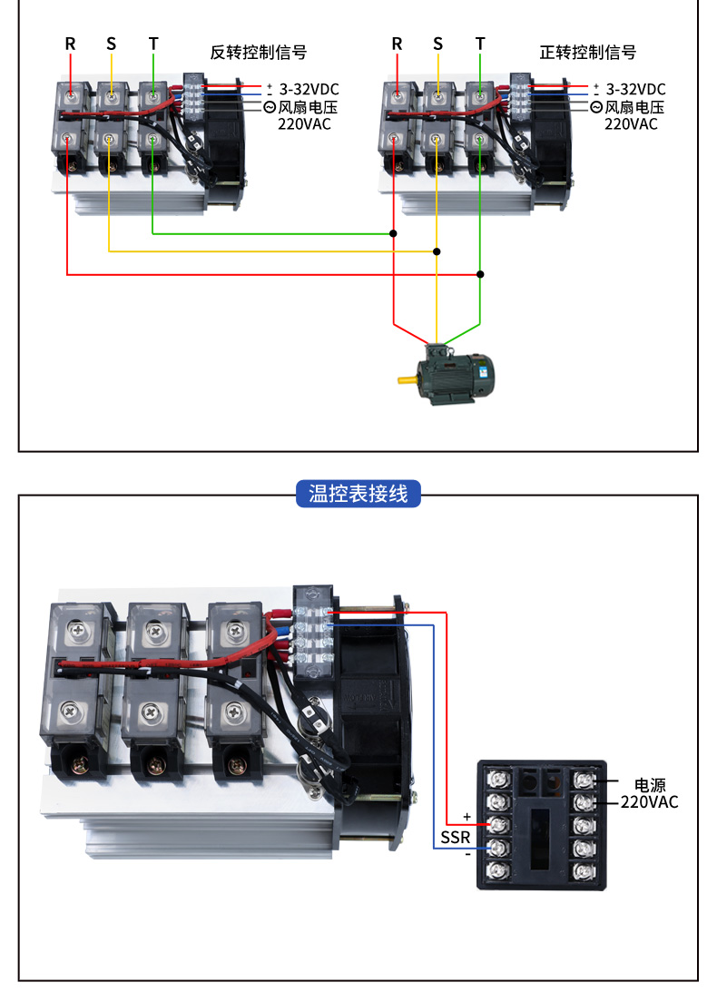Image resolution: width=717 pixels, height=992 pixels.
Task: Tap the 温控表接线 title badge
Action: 358,494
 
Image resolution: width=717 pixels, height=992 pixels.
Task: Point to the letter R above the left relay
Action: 70,44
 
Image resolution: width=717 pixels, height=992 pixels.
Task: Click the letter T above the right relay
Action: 480,44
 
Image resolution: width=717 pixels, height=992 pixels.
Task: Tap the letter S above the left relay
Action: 112,44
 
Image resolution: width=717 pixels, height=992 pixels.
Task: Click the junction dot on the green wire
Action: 393,233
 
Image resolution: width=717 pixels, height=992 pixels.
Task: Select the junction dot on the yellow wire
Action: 437,251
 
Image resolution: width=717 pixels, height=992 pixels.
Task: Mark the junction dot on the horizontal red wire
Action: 480,273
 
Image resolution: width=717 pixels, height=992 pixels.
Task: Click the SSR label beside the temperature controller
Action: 456,838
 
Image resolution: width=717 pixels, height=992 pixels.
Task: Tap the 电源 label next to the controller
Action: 650,785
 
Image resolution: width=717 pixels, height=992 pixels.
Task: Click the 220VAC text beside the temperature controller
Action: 650,802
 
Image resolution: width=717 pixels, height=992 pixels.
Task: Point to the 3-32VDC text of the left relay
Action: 308,89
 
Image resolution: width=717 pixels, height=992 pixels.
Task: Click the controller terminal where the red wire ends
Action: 497,825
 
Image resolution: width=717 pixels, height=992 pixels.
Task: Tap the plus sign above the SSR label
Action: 467,817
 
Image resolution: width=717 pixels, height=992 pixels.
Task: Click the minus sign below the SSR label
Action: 467,855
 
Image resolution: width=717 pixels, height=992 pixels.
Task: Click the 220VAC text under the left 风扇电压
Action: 304,123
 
